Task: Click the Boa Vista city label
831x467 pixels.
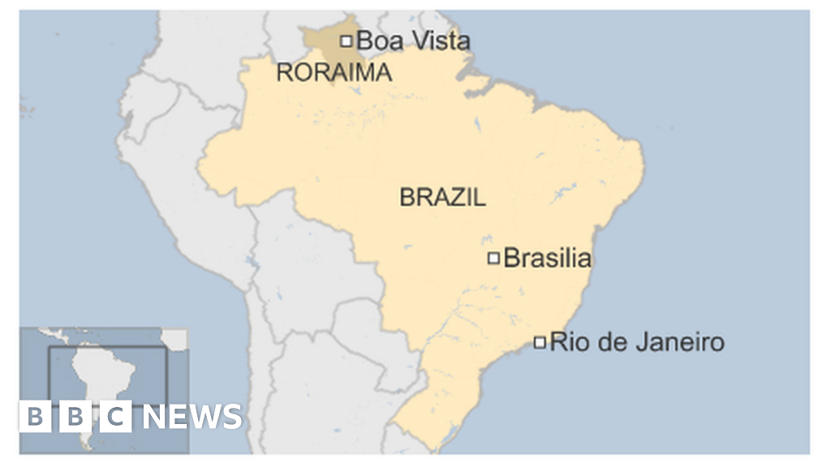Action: pos(413,40)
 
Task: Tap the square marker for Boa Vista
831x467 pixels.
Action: pos(347,40)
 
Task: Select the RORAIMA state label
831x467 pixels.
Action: pos(334,73)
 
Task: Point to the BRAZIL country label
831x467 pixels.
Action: pos(442,197)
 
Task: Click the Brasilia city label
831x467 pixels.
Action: pos(547,259)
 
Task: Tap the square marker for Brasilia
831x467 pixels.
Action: pos(493,259)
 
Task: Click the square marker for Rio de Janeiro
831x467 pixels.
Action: pos(540,342)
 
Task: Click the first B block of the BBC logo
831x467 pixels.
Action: pos(35,417)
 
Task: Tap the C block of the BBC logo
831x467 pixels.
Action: pos(116,417)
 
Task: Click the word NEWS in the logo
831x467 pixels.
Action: pos(193,417)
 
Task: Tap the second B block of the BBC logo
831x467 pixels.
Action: pos(75,417)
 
